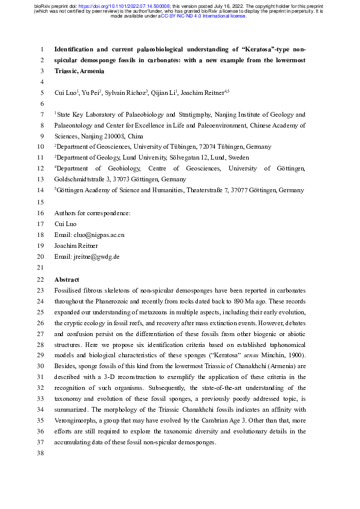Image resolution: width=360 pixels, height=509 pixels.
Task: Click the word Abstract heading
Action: [67, 279]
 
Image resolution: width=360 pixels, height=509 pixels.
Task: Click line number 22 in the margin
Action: [41, 279]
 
